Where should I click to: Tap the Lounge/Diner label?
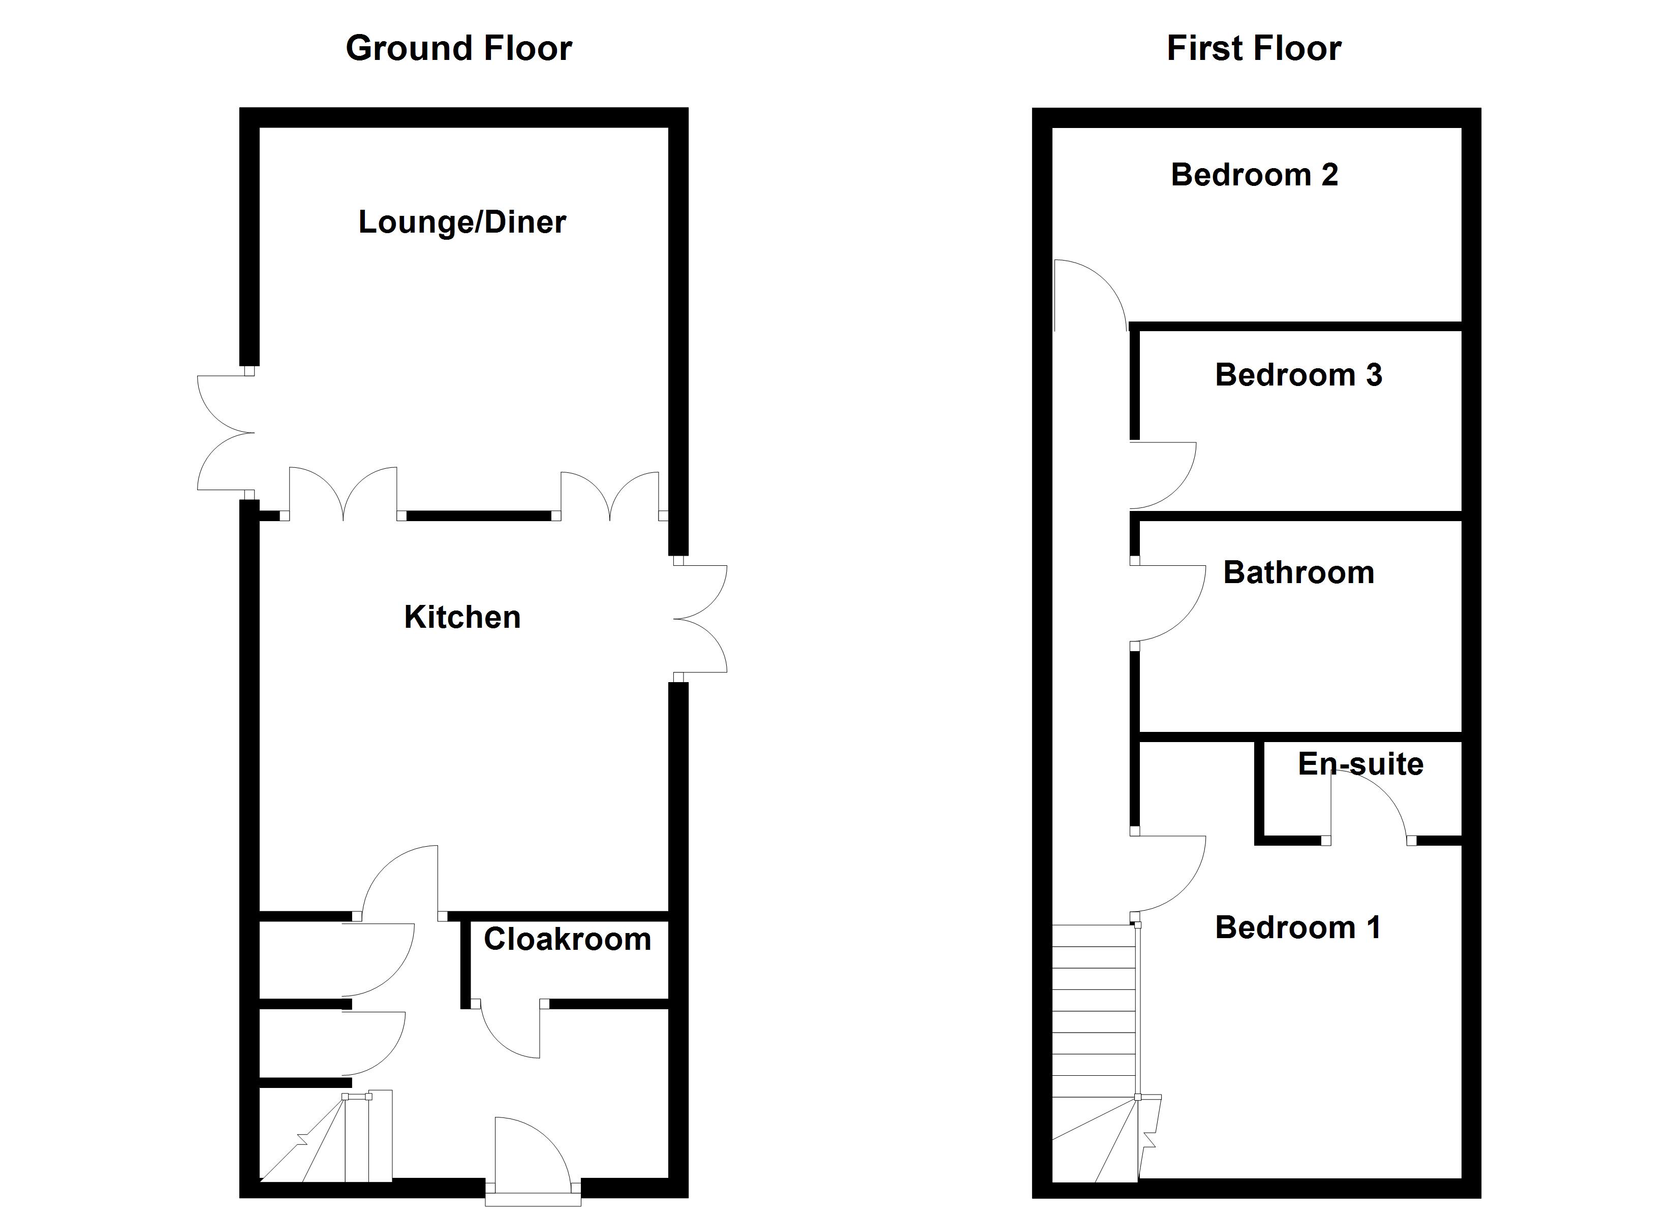(462, 222)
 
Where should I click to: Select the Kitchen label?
(462, 617)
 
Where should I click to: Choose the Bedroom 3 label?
(1298, 375)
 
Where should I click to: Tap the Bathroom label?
(1298, 573)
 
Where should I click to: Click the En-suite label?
(1360, 763)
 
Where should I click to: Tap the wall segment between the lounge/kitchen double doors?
(479, 515)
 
